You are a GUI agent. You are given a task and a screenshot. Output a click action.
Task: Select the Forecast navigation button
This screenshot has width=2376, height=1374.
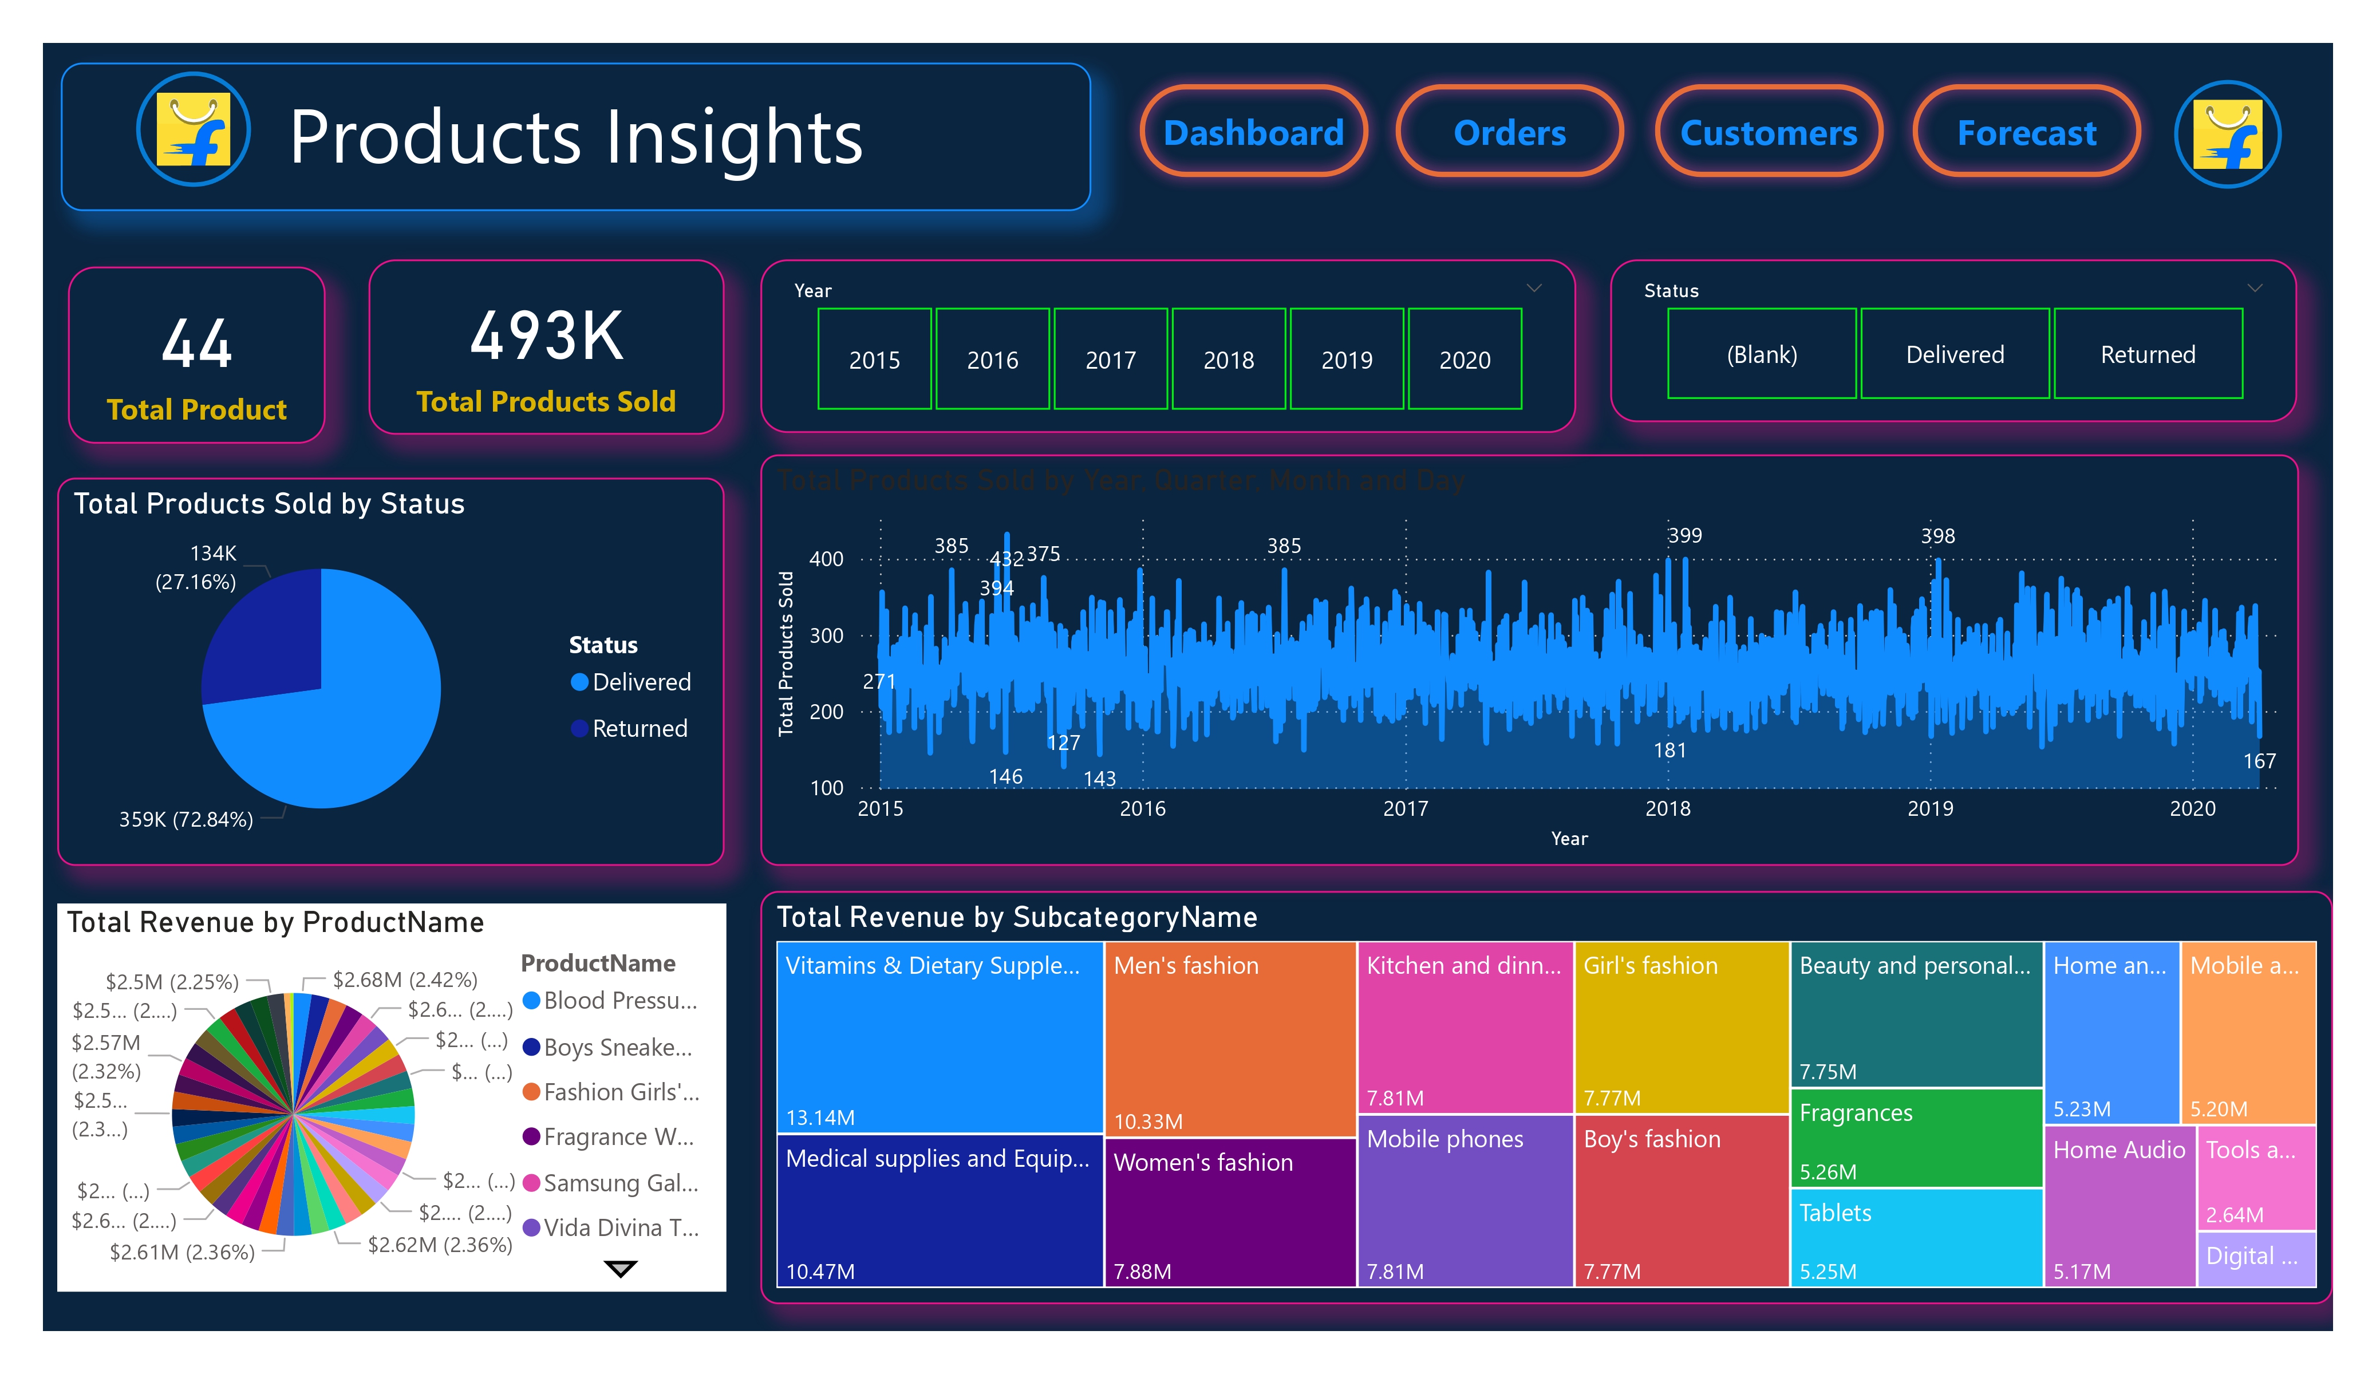pos(2026,132)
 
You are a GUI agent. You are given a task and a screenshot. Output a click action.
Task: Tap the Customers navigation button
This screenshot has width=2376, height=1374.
pos(1768,132)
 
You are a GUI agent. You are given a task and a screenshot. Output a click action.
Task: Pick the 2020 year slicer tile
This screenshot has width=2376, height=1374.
pos(1465,360)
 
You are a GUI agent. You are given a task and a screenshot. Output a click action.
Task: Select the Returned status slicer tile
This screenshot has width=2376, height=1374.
pos(2147,354)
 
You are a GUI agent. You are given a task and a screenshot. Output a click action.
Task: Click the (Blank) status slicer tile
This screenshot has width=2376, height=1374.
pos(1761,354)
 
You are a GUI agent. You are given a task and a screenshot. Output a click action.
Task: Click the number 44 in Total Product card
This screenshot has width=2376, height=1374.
pos(196,343)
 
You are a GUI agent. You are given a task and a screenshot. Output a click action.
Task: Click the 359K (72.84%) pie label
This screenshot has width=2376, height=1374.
pos(185,819)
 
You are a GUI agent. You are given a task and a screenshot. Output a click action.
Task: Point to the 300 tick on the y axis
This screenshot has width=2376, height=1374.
pos(826,635)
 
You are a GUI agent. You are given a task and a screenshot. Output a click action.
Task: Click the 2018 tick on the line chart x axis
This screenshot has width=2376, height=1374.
pos(1667,808)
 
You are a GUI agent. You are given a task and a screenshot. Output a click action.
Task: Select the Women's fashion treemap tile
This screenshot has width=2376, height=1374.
pos(1229,1212)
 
